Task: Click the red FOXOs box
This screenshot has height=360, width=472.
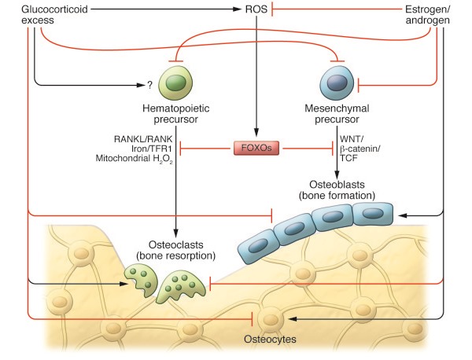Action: pyautogui.click(x=256, y=147)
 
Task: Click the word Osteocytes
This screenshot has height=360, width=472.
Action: pyautogui.click(x=271, y=343)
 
